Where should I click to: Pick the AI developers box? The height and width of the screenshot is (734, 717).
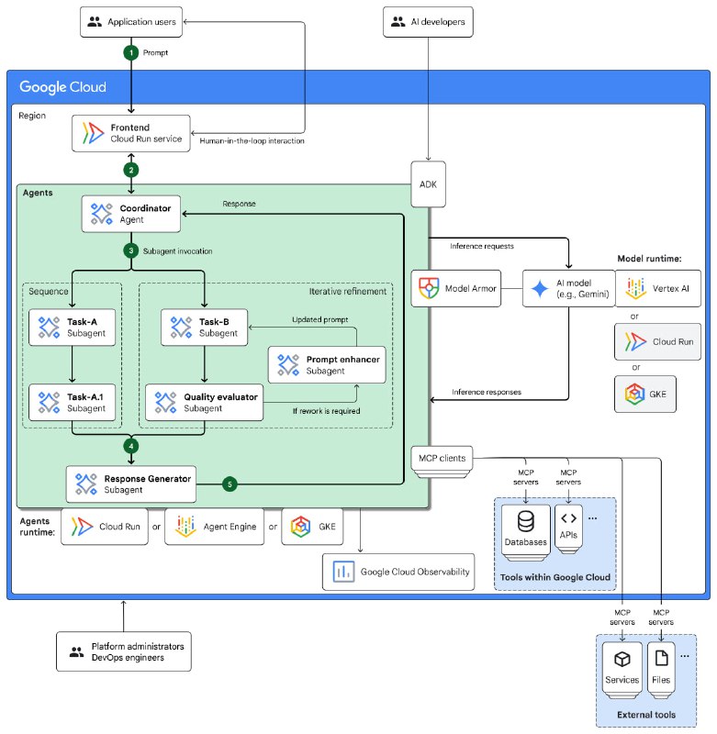pos(428,21)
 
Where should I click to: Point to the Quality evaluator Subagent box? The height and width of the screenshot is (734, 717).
pos(203,401)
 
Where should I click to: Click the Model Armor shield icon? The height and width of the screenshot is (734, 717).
pos(430,287)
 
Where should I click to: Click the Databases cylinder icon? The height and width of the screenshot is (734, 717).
pos(526,522)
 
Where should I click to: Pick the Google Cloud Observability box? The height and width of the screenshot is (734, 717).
pos(398,573)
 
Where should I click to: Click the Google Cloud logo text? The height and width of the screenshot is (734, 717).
pos(63,88)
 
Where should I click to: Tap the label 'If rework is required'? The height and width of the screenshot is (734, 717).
pos(325,410)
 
